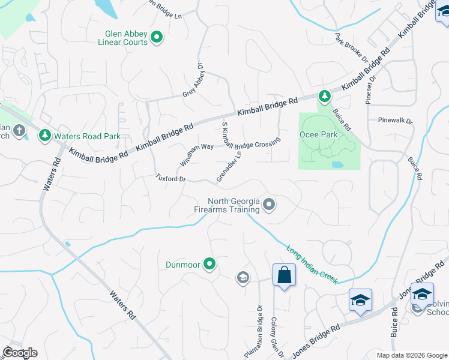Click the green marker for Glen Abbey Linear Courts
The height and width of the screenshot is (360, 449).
pyautogui.click(x=157, y=38)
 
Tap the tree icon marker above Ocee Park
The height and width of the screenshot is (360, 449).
pyautogui.click(x=324, y=96)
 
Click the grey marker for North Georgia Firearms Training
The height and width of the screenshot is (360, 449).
pyautogui.click(x=270, y=206)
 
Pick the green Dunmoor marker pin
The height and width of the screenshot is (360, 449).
pyautogui.click(x=209, y=263)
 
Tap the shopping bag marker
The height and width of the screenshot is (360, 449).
pyautogui.click(x=284, y=276)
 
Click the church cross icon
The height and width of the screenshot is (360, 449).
pyautogui.click(x=19, y=130)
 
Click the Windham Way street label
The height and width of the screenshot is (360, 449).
pyautogui.click(x=196, y=155)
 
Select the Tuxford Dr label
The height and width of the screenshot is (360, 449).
pyautogui.click(x=172, y=179)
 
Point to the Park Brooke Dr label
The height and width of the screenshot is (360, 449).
pyautogui.click(x=351, y=48)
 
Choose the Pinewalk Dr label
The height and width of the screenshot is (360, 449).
pyautogui.click(x=396, y=120)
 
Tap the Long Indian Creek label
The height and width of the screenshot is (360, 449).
pyautogui.click(x=312, y=265)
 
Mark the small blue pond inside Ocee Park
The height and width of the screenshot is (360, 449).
pyautogui.click(x=337, y=164)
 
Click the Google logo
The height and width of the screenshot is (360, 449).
pyautogui.click(x=20, y=352)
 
